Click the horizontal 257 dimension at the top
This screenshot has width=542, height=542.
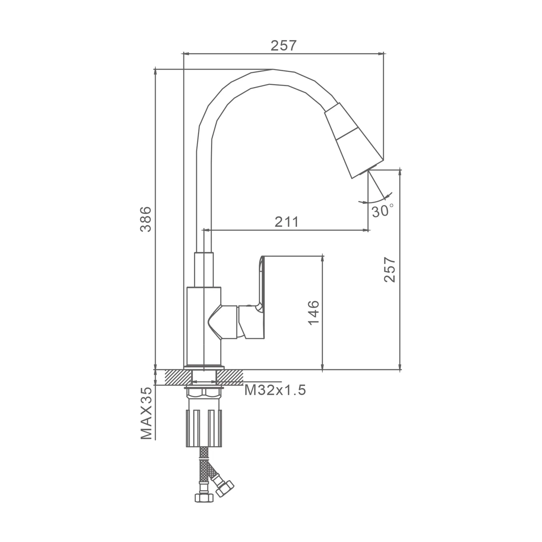tap(284, 46)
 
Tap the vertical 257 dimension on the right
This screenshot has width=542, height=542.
tap(390, 269)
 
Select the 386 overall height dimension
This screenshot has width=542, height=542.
tap(146, 219)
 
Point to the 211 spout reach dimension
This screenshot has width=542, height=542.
tap(287, 221)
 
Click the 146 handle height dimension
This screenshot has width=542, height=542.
tap(314, 313)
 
